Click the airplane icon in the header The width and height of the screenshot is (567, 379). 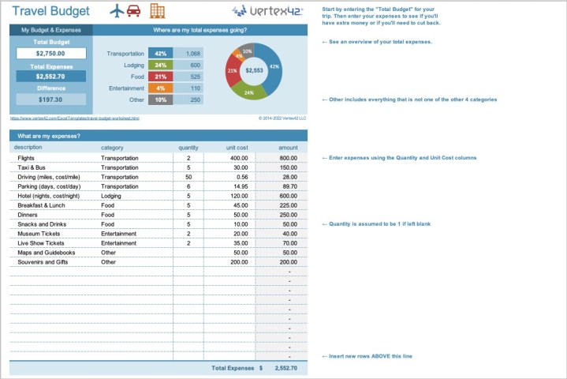[x=118, y=11]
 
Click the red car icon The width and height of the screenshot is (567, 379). [x=134, y=11]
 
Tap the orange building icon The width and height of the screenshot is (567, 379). [x=158, y=11]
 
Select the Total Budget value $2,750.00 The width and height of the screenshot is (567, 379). [x=50, y=54]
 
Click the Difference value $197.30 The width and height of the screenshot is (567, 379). [x=50, y=99]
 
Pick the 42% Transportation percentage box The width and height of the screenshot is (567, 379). [x=160, y=54]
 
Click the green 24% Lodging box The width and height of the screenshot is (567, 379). [x=160, y=65]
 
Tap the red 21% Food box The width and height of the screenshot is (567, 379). [x=160, y=77]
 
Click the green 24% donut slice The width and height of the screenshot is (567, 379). [x=249, y=92]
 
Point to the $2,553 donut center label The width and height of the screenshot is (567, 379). [x=254, y=70]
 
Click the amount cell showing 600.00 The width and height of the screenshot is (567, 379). [x=288, y=196]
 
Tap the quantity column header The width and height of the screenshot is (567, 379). [x=188, y=148]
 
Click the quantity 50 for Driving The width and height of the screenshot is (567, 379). [x=188, y=177]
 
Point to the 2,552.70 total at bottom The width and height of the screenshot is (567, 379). [x=285, y=368]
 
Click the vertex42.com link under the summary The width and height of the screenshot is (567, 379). [x=74, y=118]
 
